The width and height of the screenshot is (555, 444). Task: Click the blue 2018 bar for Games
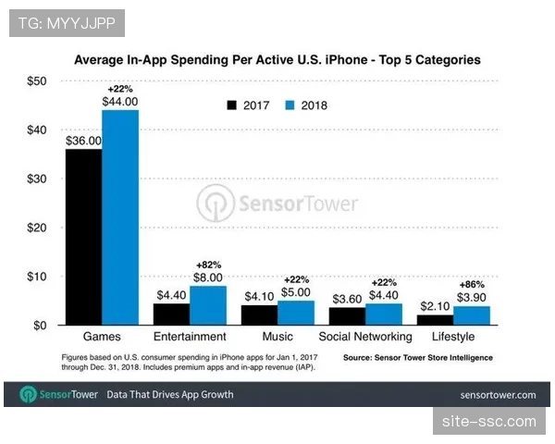120,217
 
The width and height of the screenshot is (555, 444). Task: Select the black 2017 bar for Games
83,237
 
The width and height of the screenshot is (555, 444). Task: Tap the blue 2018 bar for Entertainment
209,305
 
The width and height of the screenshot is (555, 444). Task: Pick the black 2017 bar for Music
259,314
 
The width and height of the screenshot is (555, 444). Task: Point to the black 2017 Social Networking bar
347,316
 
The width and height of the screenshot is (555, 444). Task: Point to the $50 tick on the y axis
36,81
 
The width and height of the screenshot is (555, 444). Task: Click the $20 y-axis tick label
36,228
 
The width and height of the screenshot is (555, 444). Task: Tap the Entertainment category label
191,337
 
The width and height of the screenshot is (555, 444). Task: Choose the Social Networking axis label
365,337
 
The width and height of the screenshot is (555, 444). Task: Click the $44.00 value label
120,101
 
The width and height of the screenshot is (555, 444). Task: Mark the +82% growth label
209,263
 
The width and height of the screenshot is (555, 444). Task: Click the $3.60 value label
347,299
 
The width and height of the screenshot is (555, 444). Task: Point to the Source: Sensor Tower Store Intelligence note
417,357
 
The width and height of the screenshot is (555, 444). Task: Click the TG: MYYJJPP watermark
66,20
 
